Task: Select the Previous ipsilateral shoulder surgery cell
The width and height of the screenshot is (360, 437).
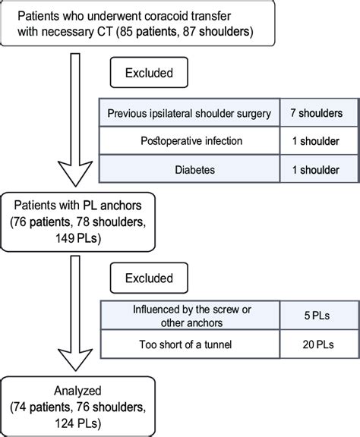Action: (190, 114)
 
